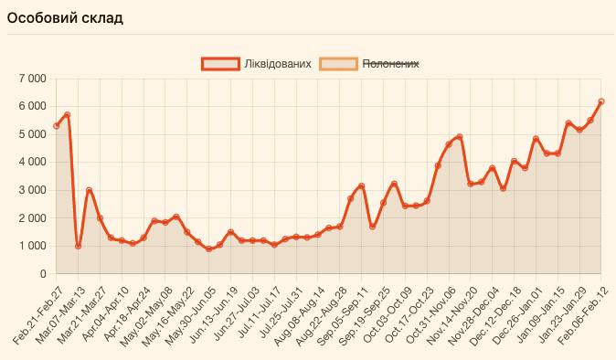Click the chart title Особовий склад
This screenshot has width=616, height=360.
tap(64, 18)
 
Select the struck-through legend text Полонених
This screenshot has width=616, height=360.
tap(391, 63)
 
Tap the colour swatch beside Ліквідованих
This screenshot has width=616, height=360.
tap(220, 63)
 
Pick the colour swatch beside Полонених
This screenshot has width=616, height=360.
tap(338, 63)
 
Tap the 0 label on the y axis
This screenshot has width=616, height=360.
tap(42, 274)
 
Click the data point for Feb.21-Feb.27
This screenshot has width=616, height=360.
tap(57, 126)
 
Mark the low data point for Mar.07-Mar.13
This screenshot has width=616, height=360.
tap(79, 246)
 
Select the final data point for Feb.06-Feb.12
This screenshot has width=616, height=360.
tap(601, 101)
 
